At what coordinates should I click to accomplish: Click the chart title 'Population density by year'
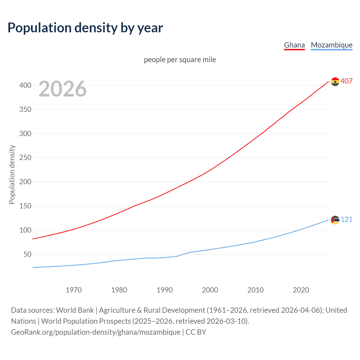[85, 28]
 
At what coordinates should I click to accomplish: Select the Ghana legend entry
[294, 45]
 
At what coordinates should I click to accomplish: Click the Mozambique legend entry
[332, 45]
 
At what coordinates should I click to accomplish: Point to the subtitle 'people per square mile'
[180, 60]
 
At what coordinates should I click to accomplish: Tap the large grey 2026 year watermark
[62, 89]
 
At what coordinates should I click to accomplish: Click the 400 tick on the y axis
[25, 85]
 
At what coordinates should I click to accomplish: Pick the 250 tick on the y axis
[25, 158]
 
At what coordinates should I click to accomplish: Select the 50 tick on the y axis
[27, 255]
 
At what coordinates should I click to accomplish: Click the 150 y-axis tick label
[25, 206]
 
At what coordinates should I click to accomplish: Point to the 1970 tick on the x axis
[74, 290]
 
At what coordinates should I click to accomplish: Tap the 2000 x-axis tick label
[210, 290]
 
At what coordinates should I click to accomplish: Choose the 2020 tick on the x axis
[301, 290]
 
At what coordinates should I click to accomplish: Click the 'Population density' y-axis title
[12, 174]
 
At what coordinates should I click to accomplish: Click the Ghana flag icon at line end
[335, 82]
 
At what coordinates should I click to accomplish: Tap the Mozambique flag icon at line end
[335, 220]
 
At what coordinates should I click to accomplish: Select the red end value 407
[346, 81]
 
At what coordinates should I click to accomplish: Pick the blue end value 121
[346, 219]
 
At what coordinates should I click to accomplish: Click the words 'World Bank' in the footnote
[75, 310]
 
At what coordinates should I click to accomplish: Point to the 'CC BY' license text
[196, 332]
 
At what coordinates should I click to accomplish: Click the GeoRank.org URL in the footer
[96, 332]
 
